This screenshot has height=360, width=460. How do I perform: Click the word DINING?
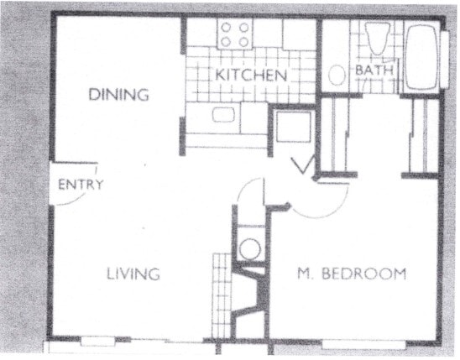click(x=118, y=95)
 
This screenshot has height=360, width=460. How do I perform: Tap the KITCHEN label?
click(x=251, y=76)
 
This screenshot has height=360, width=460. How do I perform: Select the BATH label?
click(x=374, y=70)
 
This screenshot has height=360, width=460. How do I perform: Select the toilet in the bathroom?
click(x=374, y=39)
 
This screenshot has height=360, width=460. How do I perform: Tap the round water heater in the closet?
click(x=249, y=248)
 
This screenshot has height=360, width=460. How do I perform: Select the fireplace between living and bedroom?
click(x=249, y=293)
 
